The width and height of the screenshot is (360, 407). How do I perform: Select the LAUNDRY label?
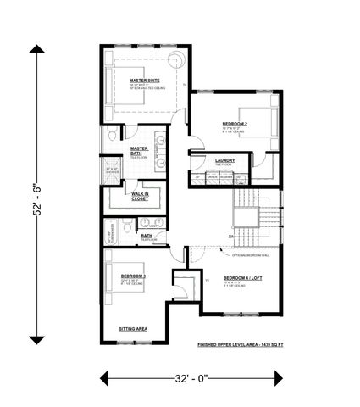(x=224, y=159)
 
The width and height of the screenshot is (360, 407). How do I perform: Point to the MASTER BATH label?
(x=139, y=150)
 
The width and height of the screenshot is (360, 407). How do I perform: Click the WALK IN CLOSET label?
(x=141, y=197)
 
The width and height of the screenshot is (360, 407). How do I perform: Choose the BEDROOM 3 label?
(x=133, y=276)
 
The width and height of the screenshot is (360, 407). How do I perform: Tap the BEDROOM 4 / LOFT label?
(x=244, y=278)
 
